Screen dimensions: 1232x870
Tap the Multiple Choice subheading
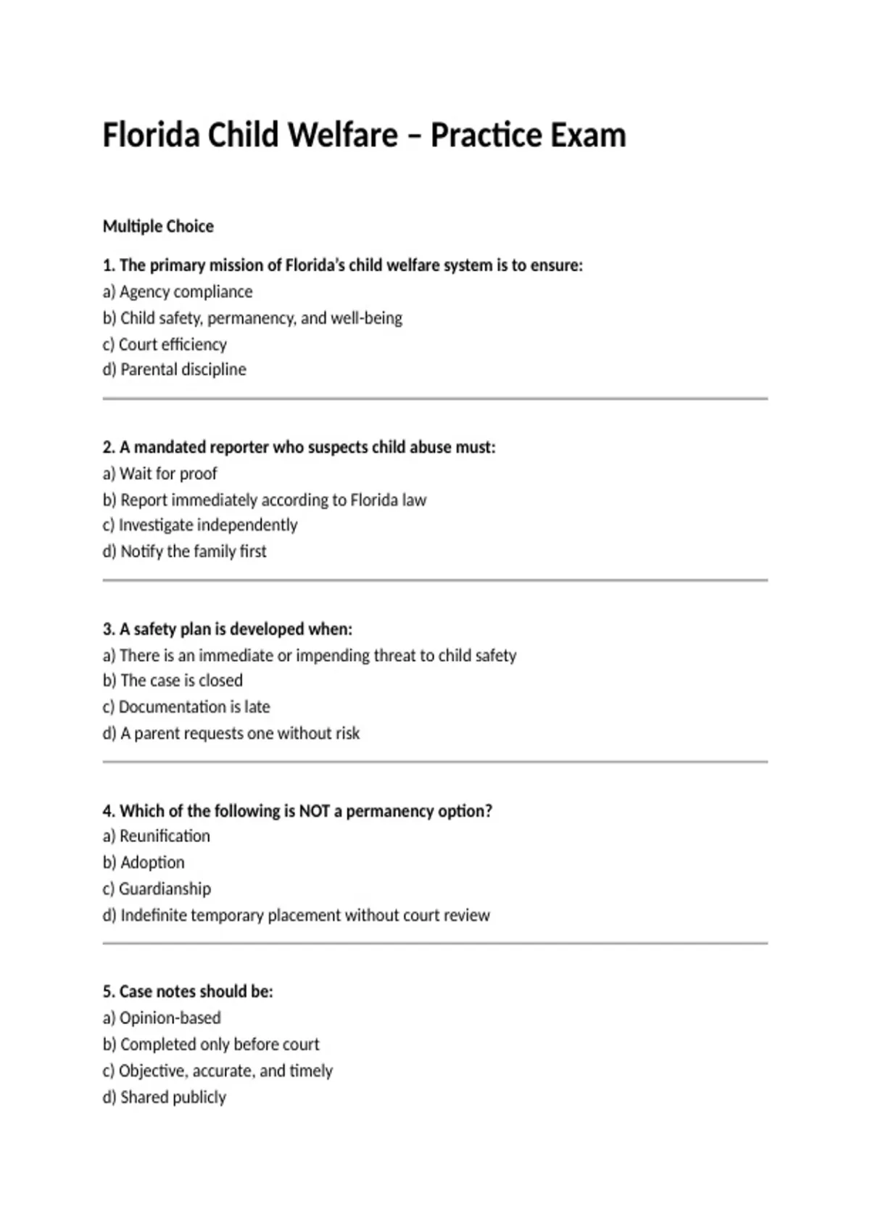pos(158,227)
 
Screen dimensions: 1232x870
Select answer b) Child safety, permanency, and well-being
pos(252,318)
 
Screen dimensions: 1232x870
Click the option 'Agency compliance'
pos(178,292)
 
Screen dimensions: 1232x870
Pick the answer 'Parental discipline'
pos(175,370)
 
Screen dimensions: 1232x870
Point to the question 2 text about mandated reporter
pos(299,447)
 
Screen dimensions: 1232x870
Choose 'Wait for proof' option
pos(159,474)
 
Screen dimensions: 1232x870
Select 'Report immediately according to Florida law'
pos(265,500)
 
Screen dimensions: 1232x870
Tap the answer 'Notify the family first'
pos(185,552)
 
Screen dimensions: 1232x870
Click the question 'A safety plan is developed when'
pos(227,629)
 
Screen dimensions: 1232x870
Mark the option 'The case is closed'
pos(173,680)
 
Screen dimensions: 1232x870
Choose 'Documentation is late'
pos(186,707)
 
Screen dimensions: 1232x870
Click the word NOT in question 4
pos(315,811)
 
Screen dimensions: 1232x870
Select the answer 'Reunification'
pos(157,836)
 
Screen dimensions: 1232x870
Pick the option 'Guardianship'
pos(157,889)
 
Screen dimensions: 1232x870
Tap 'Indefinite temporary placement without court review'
pos(297,915)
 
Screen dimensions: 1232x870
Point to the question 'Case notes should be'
pos(188,991)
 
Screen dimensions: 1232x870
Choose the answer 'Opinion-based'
pos(162,1018)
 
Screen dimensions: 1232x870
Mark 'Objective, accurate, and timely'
pos(217,1071)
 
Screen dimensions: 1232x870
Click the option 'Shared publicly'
pos(165,1097)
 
